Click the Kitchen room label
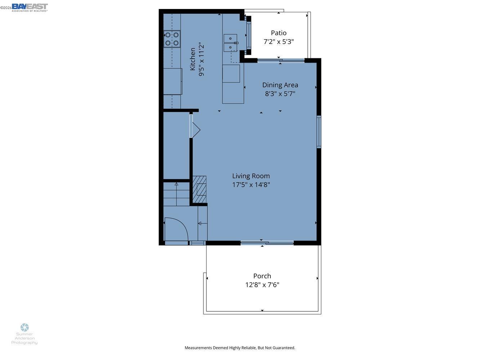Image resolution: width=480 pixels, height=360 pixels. pyautogui.click(x=193, y=59)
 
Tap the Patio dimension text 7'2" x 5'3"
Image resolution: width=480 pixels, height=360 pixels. pyautogui.click(x=279, y=42)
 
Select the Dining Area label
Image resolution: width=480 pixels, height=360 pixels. pyautogui.click(x=280, y=85)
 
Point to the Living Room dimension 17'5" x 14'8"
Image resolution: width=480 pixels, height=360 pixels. pyautogui.click(x=251, y=185)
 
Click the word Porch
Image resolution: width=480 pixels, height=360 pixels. pyautogui.click(x=262, y=276)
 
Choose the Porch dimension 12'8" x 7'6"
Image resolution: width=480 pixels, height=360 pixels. pyautogui.click(x=262, y=285)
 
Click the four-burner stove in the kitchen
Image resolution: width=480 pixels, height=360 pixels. pyautogui.click(x=172, y=39)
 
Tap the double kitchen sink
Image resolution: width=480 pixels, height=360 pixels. pyautogui.click(x=230, y=43)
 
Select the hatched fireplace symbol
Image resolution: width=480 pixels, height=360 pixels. pyautogui.click(x=199, y=189)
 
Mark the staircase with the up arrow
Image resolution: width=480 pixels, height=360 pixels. pyautogui.click(x=176, y=194)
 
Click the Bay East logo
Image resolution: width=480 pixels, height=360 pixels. pyautogui.click(x=30, y=7)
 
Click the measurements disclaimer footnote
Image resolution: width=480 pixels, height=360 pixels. pyautogui.click(x=240, y=348)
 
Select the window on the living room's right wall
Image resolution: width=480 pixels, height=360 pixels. pyautogui.click(x=319, y=132)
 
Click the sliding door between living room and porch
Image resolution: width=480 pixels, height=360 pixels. pyautogui.click(x=267, y=243)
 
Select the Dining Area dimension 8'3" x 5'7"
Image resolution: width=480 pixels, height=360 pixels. pyautogui.click(x=280, y=94)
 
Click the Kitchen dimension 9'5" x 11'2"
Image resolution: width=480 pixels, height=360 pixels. pyautogui.click(x=201, y=59)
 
